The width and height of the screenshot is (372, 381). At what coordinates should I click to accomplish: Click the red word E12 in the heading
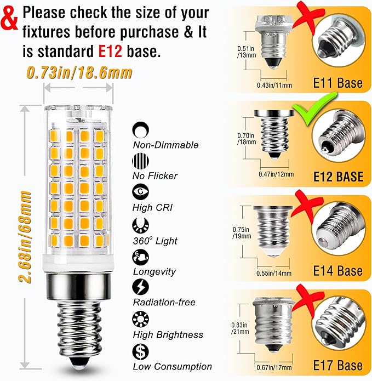pos(110,52)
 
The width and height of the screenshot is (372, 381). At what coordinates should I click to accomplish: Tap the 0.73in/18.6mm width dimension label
pos(79,73)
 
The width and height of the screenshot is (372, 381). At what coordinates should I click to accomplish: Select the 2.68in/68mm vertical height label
pos(25,237)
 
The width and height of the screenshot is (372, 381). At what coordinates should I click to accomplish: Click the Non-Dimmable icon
pos(140,130)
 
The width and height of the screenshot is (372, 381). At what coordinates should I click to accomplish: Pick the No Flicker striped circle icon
pos(140,161)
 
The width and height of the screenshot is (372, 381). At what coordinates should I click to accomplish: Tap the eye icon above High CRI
pos(140,192)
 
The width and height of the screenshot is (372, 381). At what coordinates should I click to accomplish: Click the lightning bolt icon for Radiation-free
pos(140,287)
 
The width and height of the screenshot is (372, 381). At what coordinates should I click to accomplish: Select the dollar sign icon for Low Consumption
pos(140,351)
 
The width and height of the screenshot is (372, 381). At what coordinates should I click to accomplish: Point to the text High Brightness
pos(168,334)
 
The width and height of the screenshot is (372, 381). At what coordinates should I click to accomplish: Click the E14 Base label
pos(338,271)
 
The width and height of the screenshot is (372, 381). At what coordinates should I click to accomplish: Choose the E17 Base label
pos(338,365)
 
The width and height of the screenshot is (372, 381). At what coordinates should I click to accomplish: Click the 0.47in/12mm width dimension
pos(276,174)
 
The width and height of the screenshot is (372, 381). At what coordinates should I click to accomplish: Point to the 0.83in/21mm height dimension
pos(240,328)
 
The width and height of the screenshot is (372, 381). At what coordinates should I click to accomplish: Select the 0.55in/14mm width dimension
pos(274,274)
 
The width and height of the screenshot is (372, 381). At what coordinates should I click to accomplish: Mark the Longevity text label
pos(154,272)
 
